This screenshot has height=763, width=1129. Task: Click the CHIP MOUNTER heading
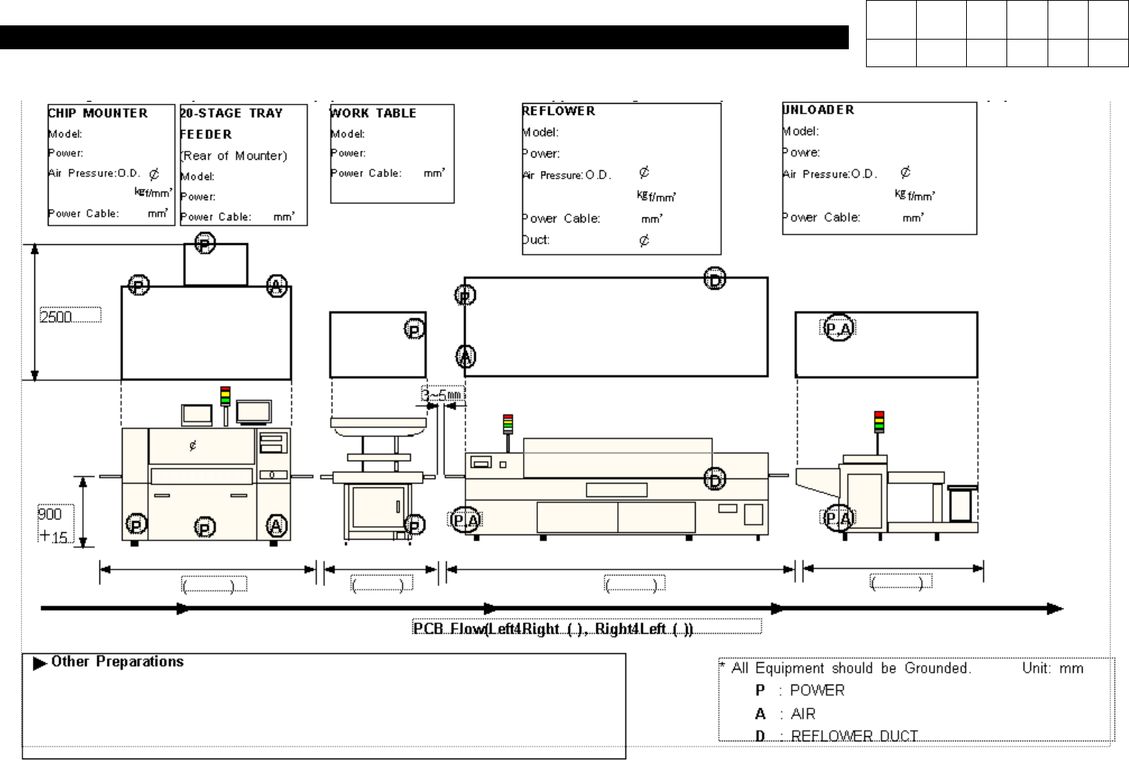pyautogui.click(x=98, y=113)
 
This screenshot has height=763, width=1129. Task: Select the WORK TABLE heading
pyautogui.click(x=373, y=113)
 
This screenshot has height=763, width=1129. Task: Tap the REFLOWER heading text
pyautogui.click(x=559, y=111)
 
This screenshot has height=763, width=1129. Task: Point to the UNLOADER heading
pyautogui.click(x=818, y=110)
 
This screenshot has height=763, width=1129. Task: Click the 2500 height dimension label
pyautogui.click(x=57, y=317)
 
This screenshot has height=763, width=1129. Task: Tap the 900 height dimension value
pyautogui.click(x=50, y=514)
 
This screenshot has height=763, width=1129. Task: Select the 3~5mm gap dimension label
pyautogui.click(x=442, y=394)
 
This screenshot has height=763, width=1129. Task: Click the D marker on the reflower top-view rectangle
pyautogui.click(x=715, y=279)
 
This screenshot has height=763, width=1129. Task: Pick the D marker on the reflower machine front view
pyautogui.click(x=715, y=480)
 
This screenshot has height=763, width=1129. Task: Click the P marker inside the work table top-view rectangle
pyautogui.click(x=415, y=329)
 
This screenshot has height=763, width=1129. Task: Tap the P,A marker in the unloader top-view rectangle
pyautogui.click(x=838, y=328)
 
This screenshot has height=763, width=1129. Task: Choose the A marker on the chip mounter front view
pyautogui.click(x=276, y=526)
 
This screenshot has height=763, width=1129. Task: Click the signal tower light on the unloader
pyautogui.click(x=879, y=421)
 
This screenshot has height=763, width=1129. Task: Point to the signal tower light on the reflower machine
pyautogui.click(x=508, y=424)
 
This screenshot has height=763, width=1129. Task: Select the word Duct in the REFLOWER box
pyautogui.click(x=536, y=240)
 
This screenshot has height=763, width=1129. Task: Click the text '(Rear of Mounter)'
pyautogui.click(x=233, y=155)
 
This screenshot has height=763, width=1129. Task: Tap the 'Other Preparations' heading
pyautogui.click(x=117, y=661)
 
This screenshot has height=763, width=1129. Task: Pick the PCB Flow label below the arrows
pyautogui.click(x=553, y=629)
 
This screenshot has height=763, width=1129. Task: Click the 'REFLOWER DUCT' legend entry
pyautogui.click(x=853, y=735)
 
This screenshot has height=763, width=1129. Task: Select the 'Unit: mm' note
pyautogui.click(x=1052, y=668)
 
